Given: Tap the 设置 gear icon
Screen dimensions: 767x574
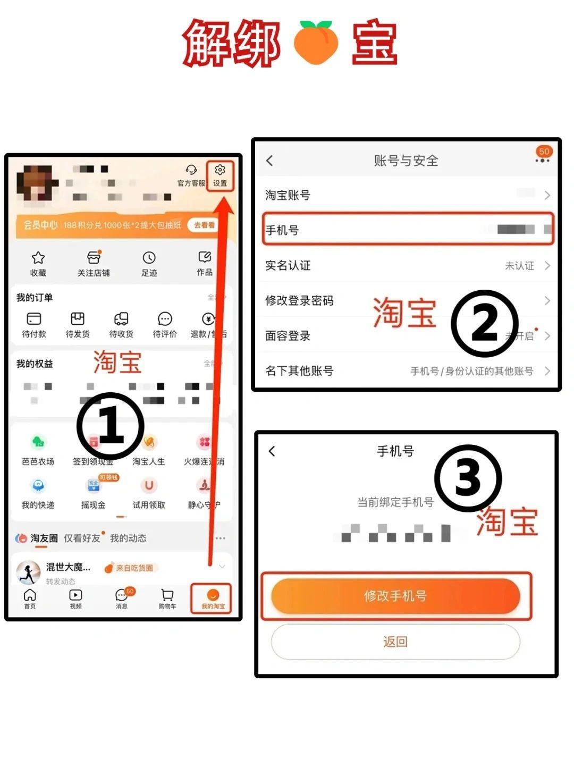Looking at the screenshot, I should pyautogui.click(x=220, y=170).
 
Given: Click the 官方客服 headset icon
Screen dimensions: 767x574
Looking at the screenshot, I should pyautogui.click(x=191, y=170).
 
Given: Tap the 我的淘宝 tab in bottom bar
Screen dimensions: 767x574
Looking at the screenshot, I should pyautogui.click(x=213, y=598).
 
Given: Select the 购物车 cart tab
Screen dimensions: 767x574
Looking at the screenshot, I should pyautogui.click(x=167, y=597).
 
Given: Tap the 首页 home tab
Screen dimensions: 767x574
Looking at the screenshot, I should pyautogui.click(x=30, y=597).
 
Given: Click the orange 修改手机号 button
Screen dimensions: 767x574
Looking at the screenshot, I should pyautogui.click(x=395, y=596).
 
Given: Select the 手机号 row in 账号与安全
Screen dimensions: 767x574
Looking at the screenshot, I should pyautogui.click(x=408, y=230).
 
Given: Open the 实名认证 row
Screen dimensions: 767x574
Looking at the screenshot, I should pyautogui.click(x=408, y=265).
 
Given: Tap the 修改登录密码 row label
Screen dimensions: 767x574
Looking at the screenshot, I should pyautogui.click(x=299, y=301).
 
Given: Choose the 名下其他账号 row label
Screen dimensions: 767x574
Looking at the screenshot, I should pyautogui.click(x=299, y=371).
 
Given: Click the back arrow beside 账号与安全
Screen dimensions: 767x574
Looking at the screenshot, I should pyautogui.click(x=270, y=161).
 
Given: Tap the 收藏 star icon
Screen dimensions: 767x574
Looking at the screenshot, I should pyautogui.click(x=38, y=258).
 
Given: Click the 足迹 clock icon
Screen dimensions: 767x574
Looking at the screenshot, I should pyautogui.click(x=149, y=258).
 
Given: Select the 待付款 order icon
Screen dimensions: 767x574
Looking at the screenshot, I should pyautogui.click(x=34, y=319).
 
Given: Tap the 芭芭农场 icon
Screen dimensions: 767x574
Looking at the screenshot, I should pyautogui.click(x=38, y=442).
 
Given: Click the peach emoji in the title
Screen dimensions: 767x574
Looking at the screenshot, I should pyautogui.click(x=316, y=43).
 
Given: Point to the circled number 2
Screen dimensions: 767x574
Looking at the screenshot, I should pyautogui.click(x=484, y=323).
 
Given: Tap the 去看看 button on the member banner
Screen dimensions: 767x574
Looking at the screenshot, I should pyautogui.click(x=204, y=225).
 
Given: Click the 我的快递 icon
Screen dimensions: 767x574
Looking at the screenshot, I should pyautogui.click(x=38, y=486).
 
